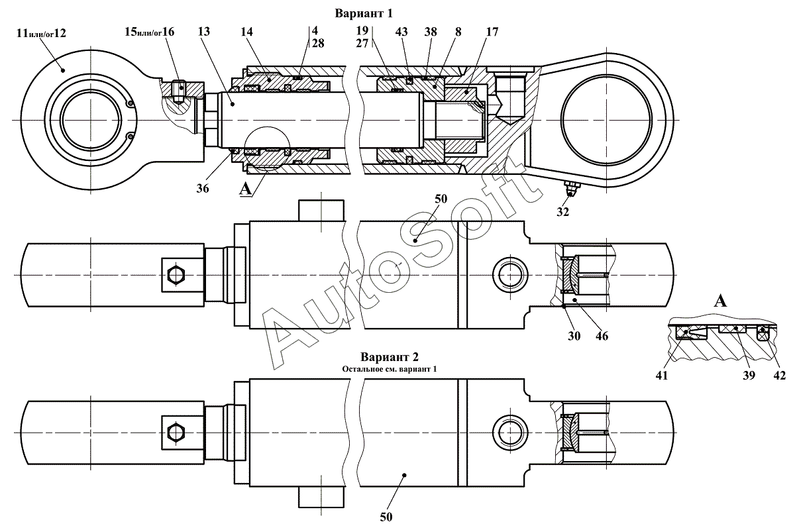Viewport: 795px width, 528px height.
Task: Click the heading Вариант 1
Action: (x=364, y=13)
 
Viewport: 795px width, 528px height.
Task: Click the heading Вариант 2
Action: (x=390, y=356)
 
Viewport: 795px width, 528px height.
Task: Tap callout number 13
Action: (x=204, y=32)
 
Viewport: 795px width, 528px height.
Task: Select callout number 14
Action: (x=246, y=32)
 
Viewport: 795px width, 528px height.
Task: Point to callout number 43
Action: (x=401, y=32)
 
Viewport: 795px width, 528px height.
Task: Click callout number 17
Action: (x=492, y=32)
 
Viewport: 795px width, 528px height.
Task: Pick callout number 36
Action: (x=203, y=188)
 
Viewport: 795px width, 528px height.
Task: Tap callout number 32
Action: (x=563, y=212)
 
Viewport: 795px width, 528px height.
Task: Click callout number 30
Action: (x=574, y=336)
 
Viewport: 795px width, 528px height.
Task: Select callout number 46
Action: (x=602, y=336)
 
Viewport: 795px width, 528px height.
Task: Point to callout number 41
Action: (x=662, y=376)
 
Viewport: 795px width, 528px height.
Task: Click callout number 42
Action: (x=780, y=376)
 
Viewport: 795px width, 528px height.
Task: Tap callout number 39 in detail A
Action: (x=749, y=376)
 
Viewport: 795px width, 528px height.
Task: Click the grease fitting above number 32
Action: (x=570, y=188)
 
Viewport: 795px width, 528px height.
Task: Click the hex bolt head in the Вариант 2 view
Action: (x=176, y=432)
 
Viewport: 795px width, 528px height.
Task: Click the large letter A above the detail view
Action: (x=720, y=301)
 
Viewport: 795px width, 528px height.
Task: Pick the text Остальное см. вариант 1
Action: (x=390, y=369)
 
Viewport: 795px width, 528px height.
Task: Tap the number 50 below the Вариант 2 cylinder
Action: (x=386, y=517)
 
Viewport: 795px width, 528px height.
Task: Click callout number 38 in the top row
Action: (x=431, y=32)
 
